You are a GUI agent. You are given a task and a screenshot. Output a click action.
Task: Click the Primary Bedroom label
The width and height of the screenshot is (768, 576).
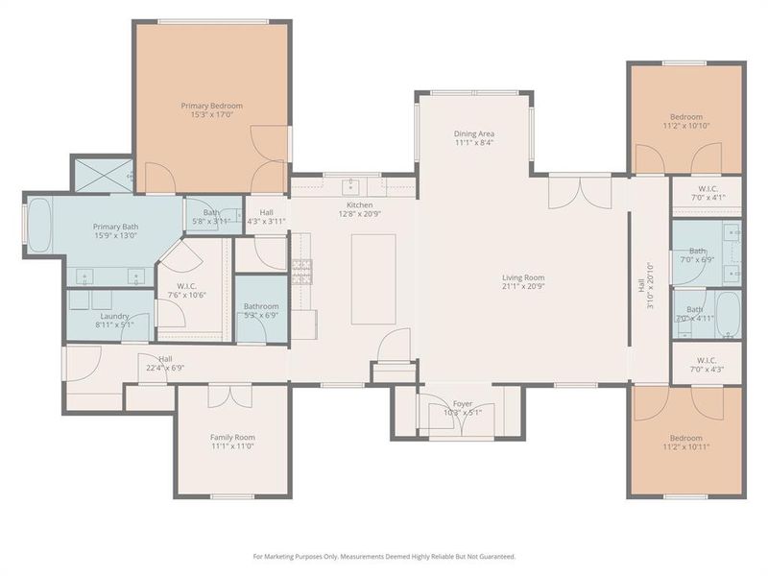pos(212,106)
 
